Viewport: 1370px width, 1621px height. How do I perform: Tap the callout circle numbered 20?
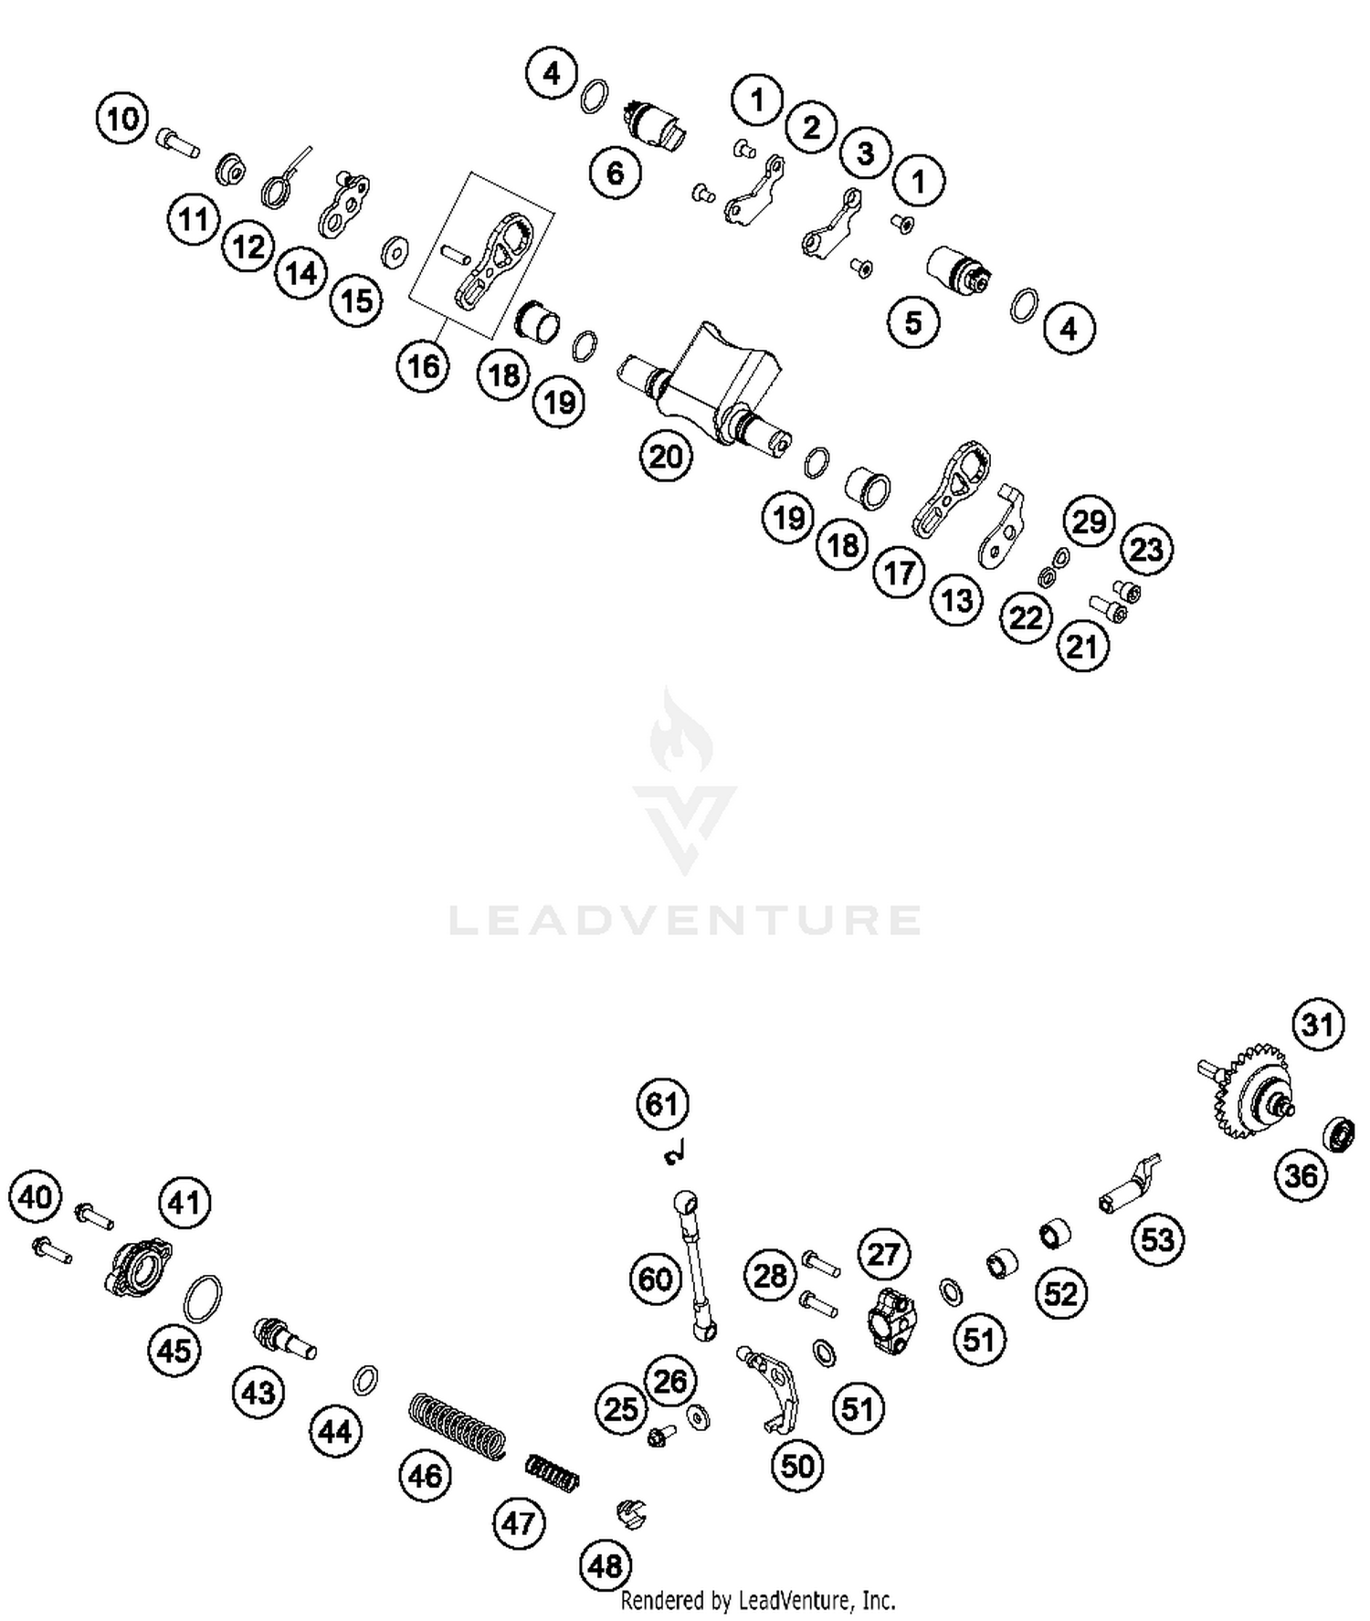point(666,456)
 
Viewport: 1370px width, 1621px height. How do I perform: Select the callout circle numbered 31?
point(1318,1025)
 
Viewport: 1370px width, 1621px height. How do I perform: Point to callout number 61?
point(662,1104)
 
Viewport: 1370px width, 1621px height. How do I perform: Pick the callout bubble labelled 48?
point(606,1566)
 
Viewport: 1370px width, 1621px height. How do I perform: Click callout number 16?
point(423,366)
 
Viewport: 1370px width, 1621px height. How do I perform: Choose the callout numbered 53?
point(1158,1239)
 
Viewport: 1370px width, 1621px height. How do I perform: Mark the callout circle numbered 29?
point(1089,521)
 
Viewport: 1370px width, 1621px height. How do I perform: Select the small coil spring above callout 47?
point(553,1472)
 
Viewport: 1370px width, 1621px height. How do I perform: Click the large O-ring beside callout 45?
point(203,1298)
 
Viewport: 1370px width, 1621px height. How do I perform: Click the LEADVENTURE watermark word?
point(685,920)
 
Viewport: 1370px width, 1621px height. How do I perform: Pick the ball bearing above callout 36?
point(1339,1132)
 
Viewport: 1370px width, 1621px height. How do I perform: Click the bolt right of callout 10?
point(179,142)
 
